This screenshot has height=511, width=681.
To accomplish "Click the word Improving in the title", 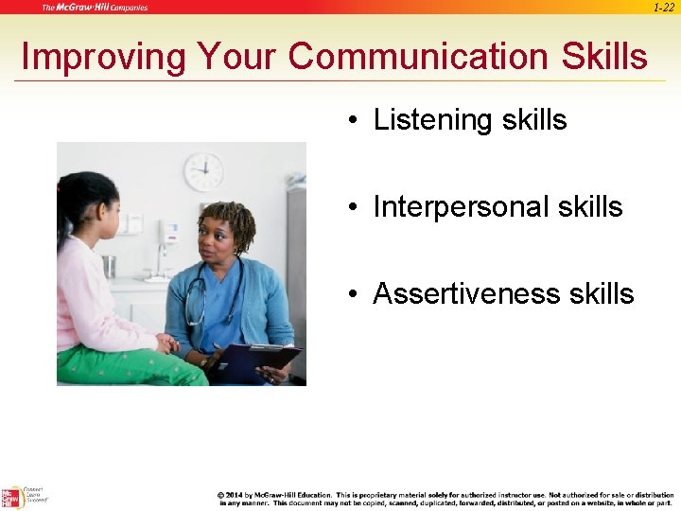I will [104, 57].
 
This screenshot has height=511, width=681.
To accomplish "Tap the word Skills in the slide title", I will [602, 57].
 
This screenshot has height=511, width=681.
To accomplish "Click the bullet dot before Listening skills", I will [351, 121].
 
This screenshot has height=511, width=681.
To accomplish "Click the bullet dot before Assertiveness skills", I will [351, 294].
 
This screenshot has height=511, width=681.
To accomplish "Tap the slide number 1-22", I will [663, 8].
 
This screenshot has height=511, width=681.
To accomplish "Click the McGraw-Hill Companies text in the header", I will [94, 8].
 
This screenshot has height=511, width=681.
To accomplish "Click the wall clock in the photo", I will [203, 172].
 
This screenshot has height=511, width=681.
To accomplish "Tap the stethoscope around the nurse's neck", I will [199, 303].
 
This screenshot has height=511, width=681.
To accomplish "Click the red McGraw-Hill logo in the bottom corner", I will [12, 498].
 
